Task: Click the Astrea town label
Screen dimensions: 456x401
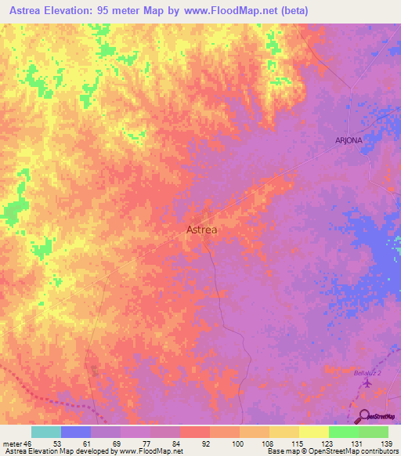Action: click(202, 230)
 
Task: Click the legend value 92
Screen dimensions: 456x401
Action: click(207, 443)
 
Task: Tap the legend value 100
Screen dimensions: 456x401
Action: click(237, 443)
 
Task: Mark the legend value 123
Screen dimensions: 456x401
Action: click(325, 443)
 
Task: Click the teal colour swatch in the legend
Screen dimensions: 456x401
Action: click(46, 432)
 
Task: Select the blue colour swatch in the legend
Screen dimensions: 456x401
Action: click(76, 432)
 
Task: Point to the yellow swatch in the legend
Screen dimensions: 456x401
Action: click(313, 432)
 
